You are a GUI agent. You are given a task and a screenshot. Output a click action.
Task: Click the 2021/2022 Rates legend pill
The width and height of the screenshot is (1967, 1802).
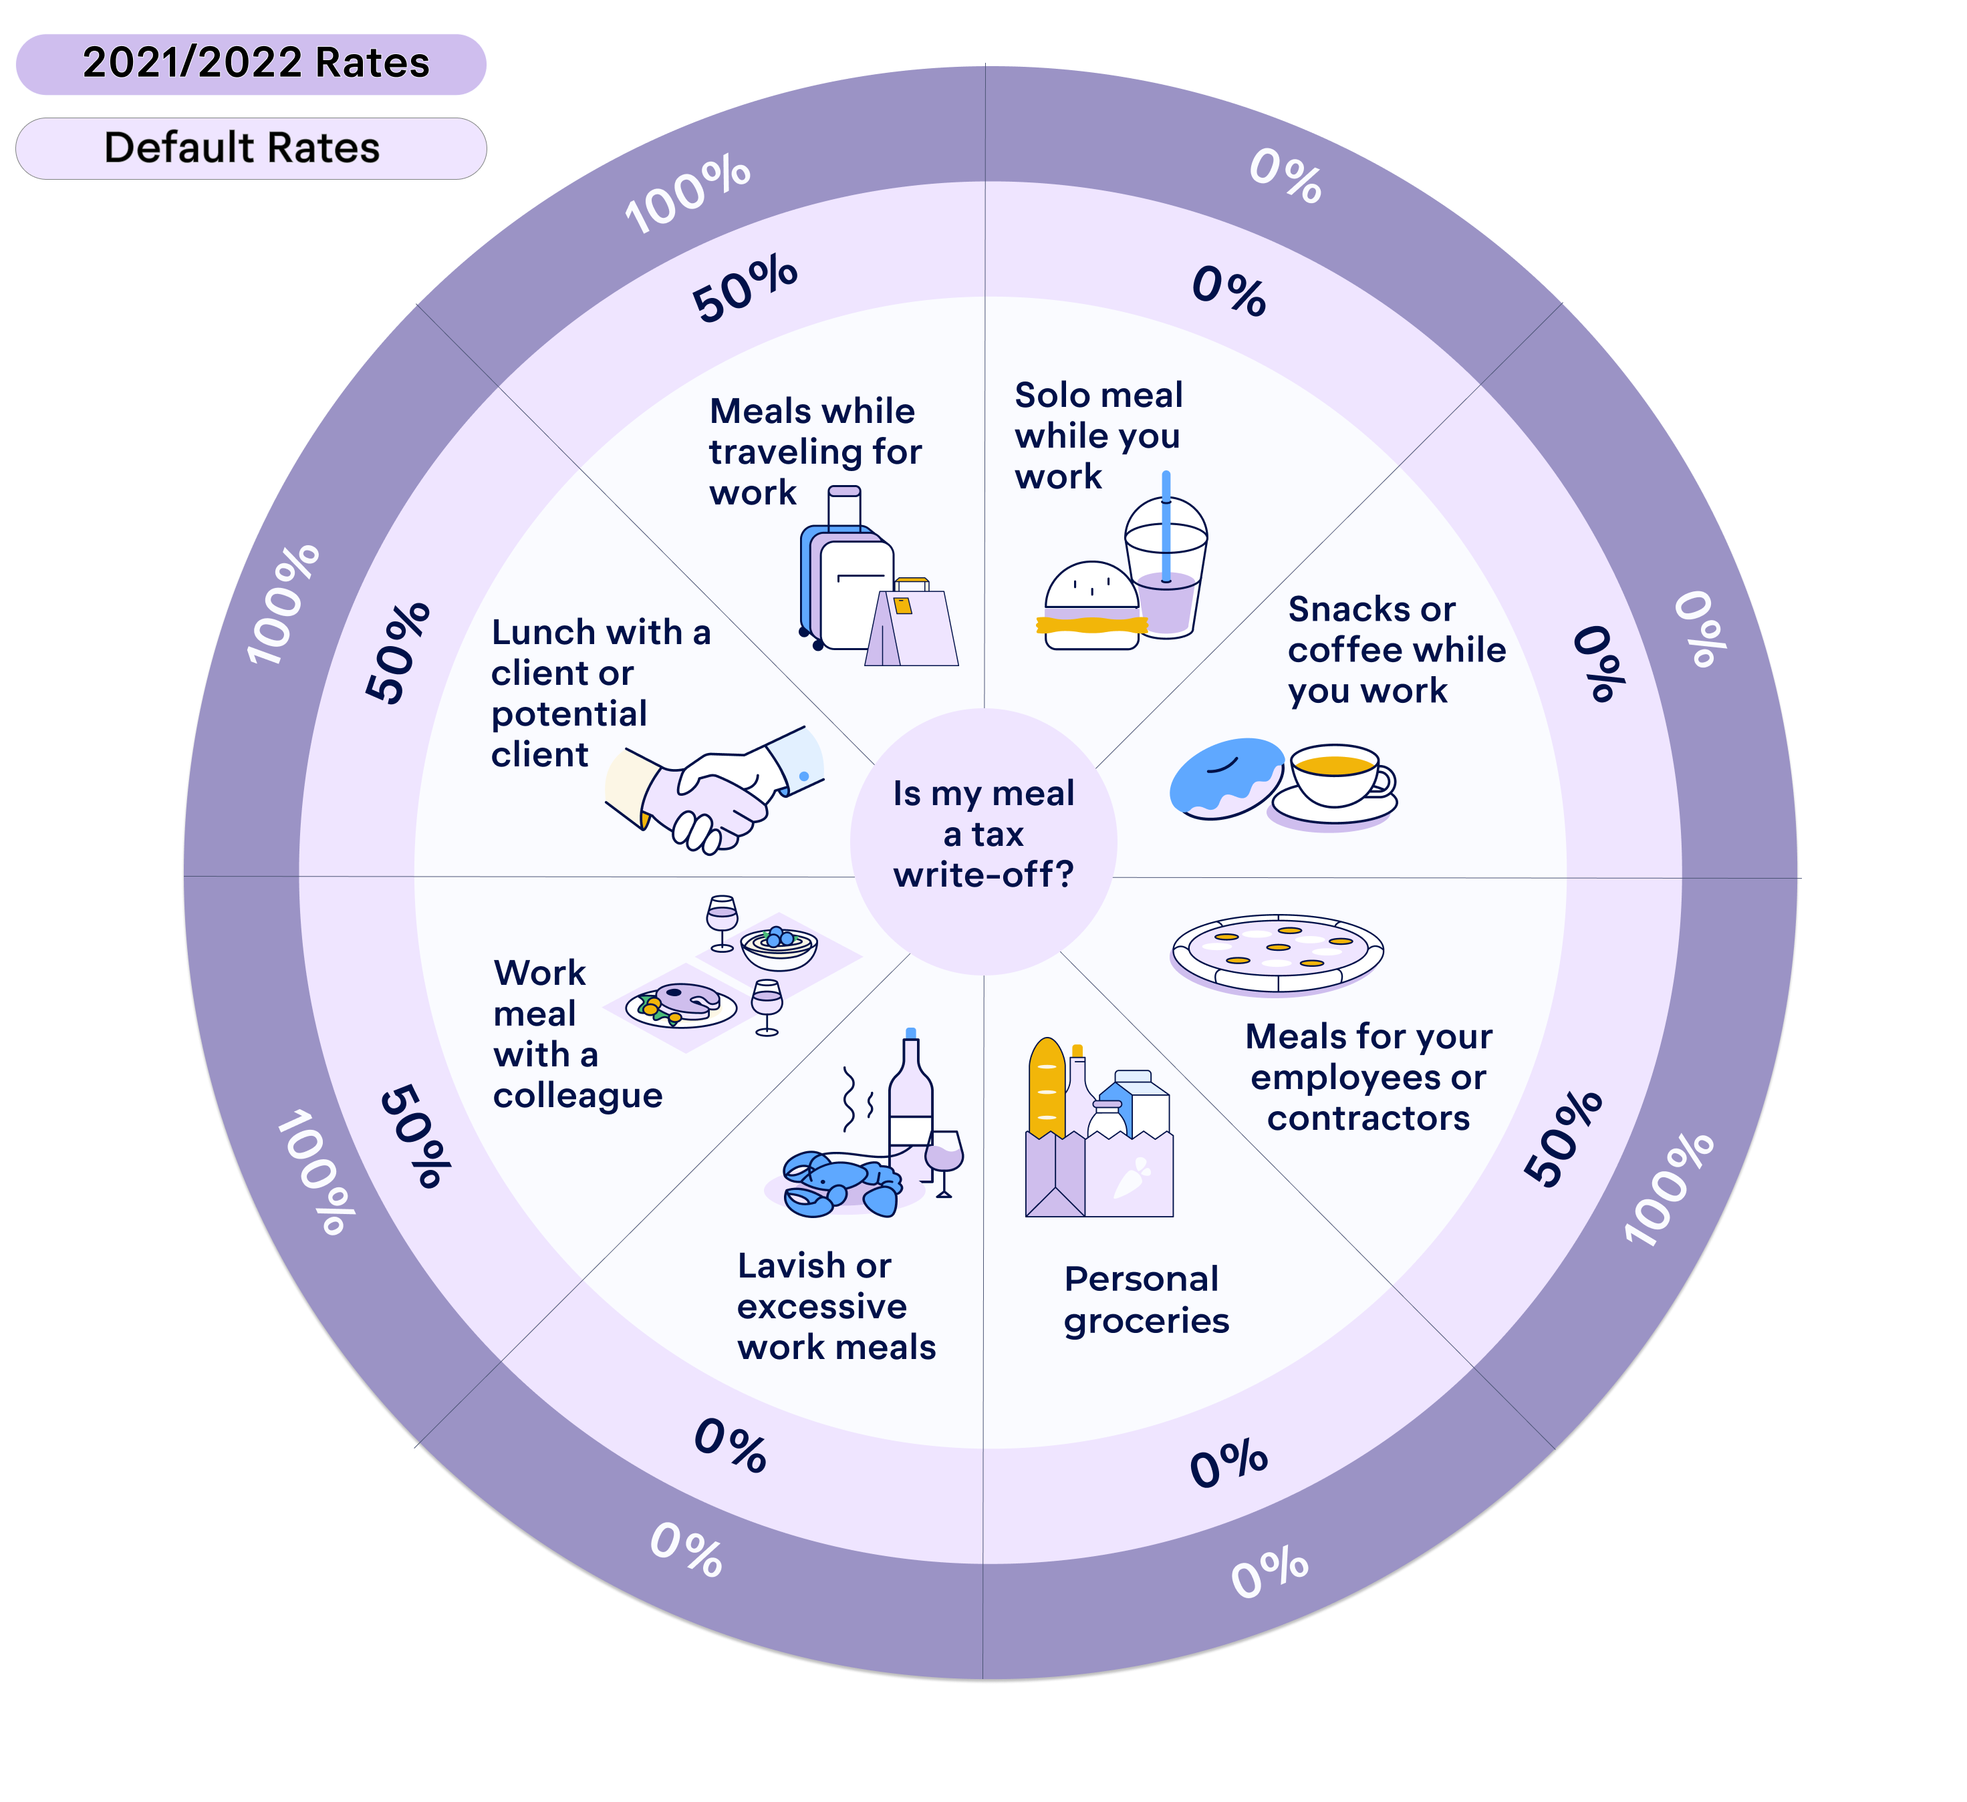click(x=251, y=64)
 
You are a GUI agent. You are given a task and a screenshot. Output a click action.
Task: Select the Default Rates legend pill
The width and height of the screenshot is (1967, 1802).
click(x=251, y=148)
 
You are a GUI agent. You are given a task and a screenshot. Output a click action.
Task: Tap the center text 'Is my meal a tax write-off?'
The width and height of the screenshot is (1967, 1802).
click(x=984, y=834)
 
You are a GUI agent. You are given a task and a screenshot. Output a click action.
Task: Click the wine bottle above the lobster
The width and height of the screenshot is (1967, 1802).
click(x=910, y=1092)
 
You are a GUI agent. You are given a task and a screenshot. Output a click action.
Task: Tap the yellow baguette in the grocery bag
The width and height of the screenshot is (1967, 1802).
click(x=1046, y=1088)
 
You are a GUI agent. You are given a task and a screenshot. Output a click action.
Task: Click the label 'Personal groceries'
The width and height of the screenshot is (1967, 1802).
click(x=1146, y=1300)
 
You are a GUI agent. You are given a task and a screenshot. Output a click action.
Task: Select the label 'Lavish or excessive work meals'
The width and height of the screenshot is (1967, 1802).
click(x=835, y=1306)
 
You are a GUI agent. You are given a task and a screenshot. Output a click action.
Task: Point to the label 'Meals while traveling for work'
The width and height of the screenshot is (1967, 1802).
click(x=815, y=451)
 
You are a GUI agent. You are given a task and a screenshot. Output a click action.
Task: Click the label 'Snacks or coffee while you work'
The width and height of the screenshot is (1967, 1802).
click(x=1396, y=649)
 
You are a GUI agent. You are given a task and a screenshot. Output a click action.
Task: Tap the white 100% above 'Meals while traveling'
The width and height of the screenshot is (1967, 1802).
click(x=688, y=195)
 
